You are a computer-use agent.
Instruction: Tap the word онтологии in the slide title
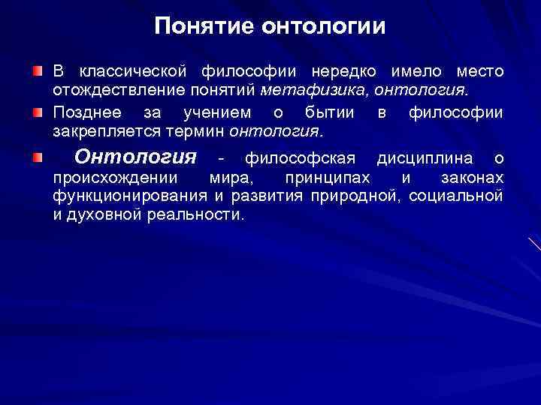coord(323,27)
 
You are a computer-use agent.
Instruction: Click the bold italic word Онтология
coord(136,157)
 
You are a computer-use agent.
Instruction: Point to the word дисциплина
coord(425,158)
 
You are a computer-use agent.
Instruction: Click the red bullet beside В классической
coord(38,71)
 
